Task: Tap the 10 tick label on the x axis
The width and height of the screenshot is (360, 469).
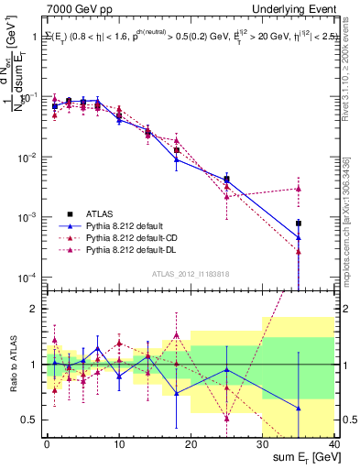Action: (118, 444)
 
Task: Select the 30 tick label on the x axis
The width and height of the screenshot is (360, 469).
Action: (262, 444)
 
